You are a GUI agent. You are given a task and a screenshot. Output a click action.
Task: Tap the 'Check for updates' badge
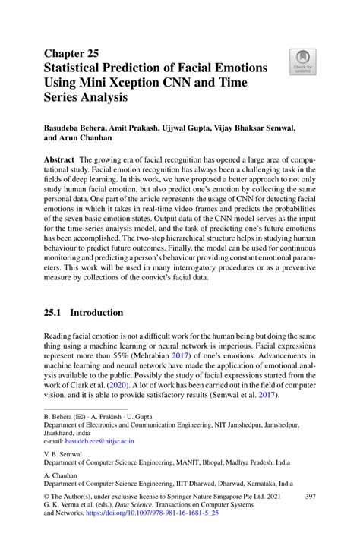tap(301, 61)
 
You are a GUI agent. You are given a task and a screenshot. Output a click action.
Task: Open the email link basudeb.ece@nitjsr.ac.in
tap(100, 441)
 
